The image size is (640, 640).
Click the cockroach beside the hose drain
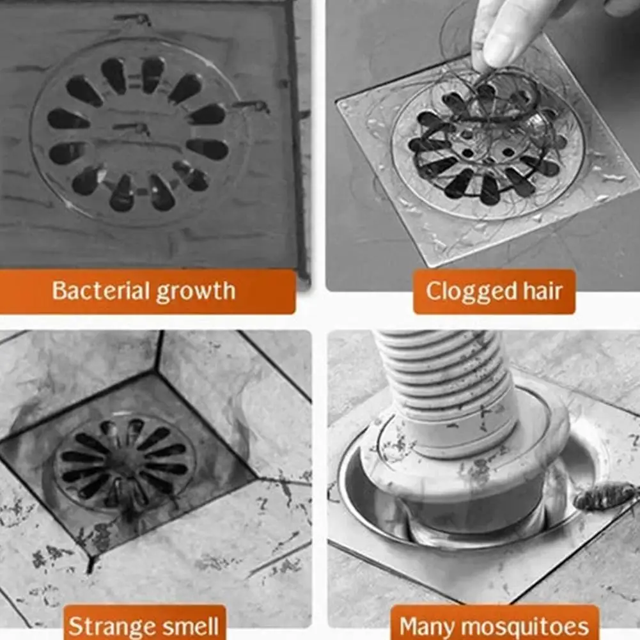coord(605,496)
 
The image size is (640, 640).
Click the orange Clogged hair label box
coord(494,292)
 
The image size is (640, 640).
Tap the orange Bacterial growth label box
coord(147,292)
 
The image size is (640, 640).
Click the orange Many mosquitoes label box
coord(494,623)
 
